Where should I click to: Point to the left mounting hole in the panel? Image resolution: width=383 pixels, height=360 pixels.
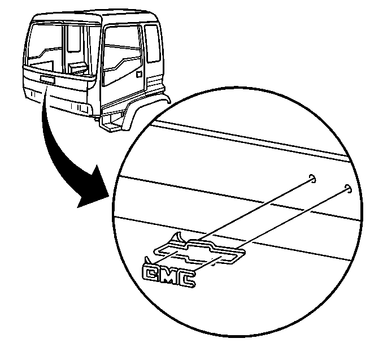[x=312, y=179]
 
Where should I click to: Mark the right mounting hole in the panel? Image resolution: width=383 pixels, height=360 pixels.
[x=349, y=188]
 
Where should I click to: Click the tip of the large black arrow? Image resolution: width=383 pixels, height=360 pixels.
[x=78, y=207]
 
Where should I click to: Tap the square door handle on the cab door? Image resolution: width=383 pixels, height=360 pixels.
[x=139, y=74]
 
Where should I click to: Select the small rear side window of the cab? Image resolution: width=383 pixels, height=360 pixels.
[x=153, y=44]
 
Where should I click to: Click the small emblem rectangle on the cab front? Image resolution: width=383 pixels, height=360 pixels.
[x=47, y=80]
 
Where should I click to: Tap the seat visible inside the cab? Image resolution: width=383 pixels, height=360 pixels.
[x=78, y=68]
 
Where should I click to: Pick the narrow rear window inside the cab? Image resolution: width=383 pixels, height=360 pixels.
[x=74, y=38]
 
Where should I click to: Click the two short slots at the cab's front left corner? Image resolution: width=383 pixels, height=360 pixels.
[x=33, y=94]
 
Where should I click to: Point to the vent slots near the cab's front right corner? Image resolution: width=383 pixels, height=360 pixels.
[x=79, y=107]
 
